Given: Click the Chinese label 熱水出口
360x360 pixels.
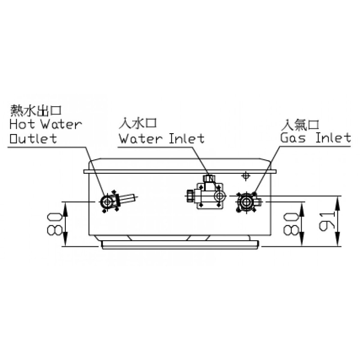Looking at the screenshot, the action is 36,110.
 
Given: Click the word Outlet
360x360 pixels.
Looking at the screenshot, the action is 33,138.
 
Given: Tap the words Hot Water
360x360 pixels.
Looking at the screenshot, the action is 46,124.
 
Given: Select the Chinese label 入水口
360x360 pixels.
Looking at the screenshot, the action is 138,123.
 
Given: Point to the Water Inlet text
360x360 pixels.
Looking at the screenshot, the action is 162,138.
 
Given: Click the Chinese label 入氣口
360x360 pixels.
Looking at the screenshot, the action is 300,125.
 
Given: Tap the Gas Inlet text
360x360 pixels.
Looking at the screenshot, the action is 316,138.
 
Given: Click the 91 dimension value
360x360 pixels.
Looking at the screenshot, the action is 328,221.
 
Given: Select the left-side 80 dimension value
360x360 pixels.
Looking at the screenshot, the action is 54,224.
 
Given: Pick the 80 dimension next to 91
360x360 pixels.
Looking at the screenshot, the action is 291,224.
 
